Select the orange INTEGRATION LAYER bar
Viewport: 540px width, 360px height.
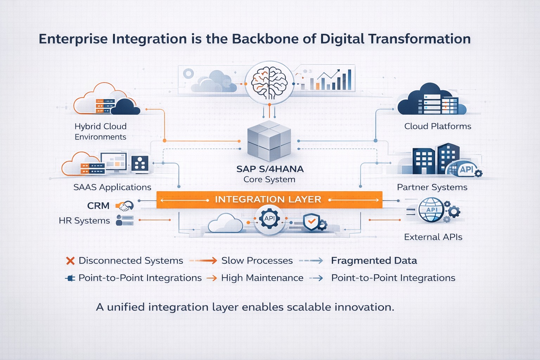tap(269, 200)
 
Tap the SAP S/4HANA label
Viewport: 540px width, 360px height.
tap(270, 169)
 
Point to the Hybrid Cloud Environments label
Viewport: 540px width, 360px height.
tap(101, 131)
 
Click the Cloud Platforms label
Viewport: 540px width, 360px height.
tap(438, 126)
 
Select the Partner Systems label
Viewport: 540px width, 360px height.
tap(432, 187)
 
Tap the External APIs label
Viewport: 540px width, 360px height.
tap(433, 237)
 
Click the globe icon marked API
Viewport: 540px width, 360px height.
tap(432, 210)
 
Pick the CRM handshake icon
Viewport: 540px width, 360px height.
tap(126, 206)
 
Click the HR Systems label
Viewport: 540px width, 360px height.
tap(84, 221)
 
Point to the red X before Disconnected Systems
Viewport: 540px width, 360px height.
tap(70, 261)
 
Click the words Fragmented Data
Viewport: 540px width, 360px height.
tap(374, 261)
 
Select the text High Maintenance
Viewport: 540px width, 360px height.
tap(262, 278)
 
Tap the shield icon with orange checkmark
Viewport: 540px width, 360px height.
tap(311, 222)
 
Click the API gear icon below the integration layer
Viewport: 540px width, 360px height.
tap(269, 219)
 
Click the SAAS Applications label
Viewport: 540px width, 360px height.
tap(112, 187)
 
